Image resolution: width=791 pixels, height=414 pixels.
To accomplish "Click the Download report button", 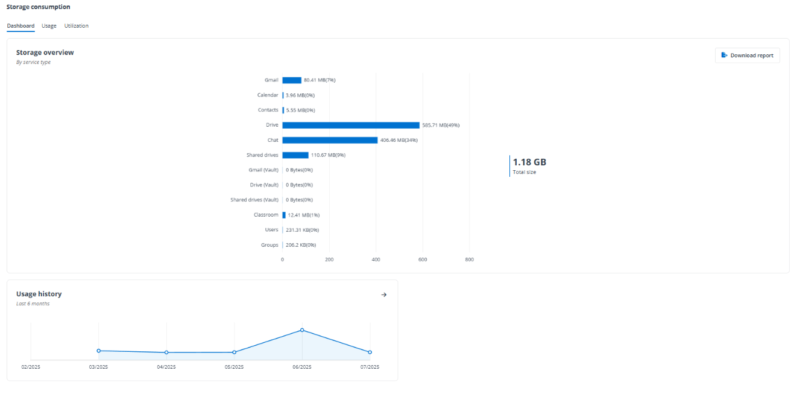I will (748, 56).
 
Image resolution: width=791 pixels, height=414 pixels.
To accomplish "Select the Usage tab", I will (49, 26).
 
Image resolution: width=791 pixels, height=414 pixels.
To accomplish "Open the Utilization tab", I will (77, 26).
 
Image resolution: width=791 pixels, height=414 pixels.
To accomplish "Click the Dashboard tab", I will (20, 26).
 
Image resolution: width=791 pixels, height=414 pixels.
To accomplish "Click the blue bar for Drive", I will (350, 125).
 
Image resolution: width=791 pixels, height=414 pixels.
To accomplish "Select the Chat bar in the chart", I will (330, 140).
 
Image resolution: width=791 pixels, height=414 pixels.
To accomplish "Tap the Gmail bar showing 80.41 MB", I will (292, 80).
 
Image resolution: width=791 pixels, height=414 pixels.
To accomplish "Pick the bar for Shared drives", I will (295, 155).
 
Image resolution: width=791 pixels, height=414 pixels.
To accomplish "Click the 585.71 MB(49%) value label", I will (441, 125).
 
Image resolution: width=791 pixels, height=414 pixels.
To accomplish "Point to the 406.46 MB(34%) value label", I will (399, 140).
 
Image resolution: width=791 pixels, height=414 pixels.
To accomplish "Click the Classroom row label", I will (266, 215).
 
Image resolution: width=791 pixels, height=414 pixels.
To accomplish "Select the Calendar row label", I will (268, 95).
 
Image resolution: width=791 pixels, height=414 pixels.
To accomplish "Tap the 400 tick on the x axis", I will (376, 260).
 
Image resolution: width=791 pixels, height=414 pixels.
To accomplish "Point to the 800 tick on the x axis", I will (470, 260).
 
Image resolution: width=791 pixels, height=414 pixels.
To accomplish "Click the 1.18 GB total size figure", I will (529, 162).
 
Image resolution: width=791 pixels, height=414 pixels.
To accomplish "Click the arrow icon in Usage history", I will (384, 295).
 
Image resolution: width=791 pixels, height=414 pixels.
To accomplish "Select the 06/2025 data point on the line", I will (302, 330).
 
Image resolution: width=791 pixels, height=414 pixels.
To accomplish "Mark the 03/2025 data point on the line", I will (98, 351).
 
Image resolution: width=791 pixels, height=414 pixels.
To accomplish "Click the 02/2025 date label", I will (31, 367).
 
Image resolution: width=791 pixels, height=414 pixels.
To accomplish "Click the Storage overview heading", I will (45, 53).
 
